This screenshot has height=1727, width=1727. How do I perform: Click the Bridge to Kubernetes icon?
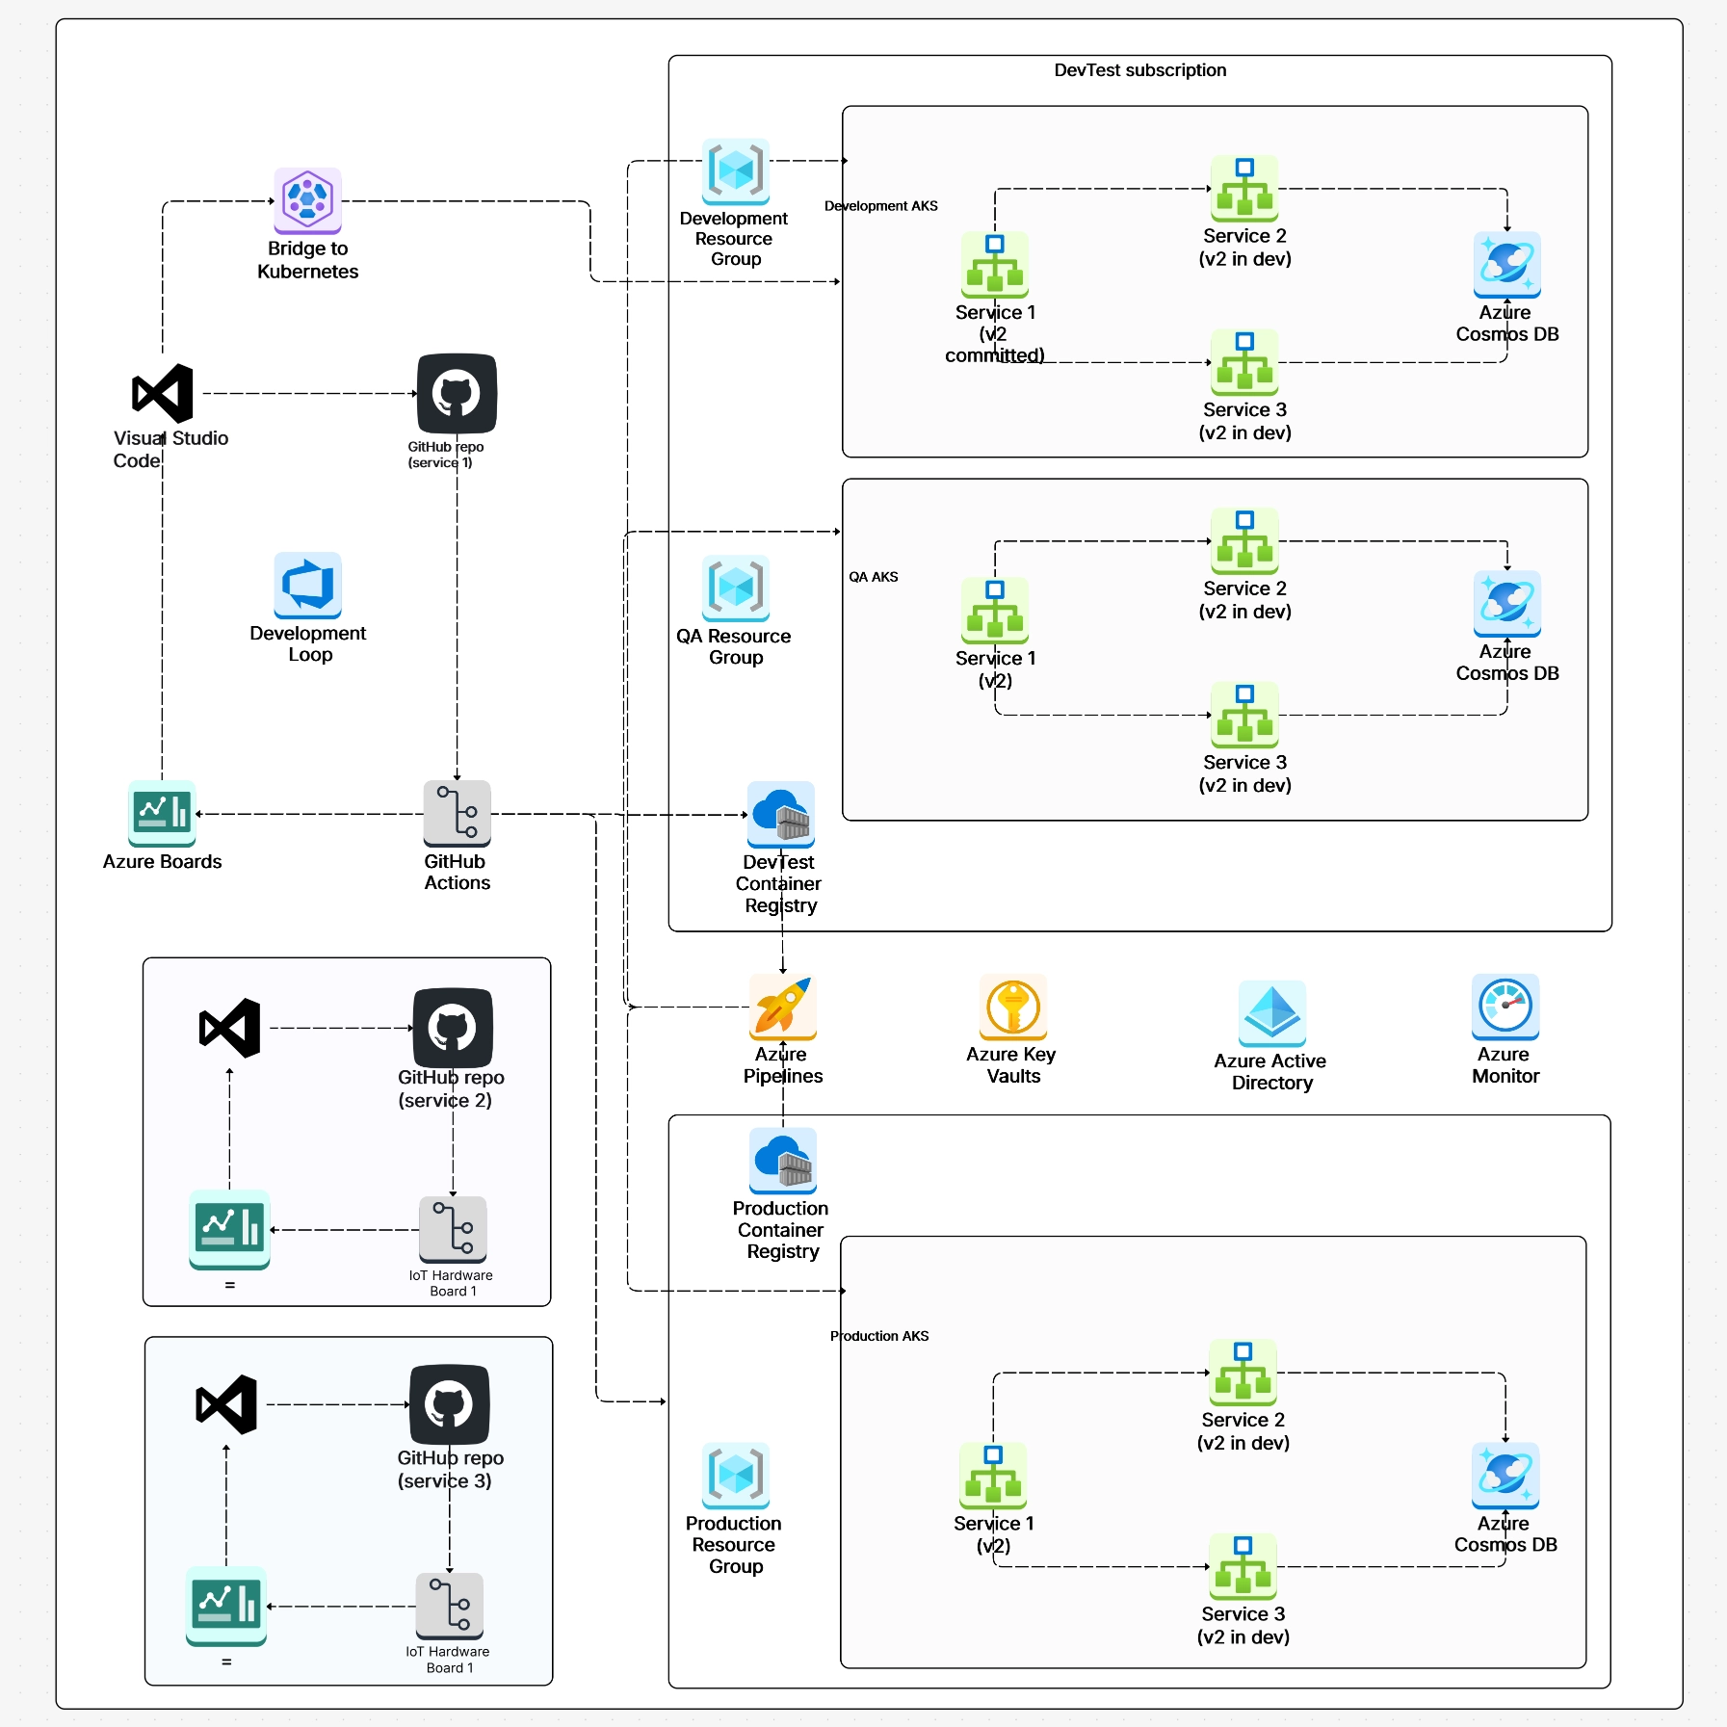click(307, 200)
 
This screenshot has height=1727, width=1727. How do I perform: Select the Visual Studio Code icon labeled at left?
click(163, 393)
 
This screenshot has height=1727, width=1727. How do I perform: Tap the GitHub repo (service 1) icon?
click(457, 393)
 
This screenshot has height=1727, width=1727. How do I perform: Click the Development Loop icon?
click(307, 585)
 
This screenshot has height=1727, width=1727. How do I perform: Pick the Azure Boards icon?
click(162, 813)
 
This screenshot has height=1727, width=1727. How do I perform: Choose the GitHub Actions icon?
click(457, 813)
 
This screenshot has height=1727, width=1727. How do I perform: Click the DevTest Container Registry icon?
click(780, 814)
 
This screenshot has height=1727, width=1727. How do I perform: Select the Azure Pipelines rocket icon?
click(782, 1007)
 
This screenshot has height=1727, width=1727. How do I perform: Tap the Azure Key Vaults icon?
click(1012, 1007)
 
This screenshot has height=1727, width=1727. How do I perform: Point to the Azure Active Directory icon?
click(1271, 1013)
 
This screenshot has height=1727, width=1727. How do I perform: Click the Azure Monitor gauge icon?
click(1505, 1007)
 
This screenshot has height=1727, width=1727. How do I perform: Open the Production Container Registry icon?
click(782, 1161)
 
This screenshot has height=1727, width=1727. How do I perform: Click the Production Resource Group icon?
click(736, 1475)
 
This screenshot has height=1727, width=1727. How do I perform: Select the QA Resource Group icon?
click(736, 588)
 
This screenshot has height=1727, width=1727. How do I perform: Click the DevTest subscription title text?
click(1139, 70)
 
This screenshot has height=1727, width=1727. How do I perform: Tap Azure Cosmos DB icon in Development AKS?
click(1506, 264)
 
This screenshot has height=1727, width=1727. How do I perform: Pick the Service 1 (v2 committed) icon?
click(994, 264)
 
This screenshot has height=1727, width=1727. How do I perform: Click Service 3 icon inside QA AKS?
click(1244, 715)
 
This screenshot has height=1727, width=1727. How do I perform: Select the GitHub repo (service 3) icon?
click(449, 1404)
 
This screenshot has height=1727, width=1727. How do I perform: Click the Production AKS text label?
click(879, 1336)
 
